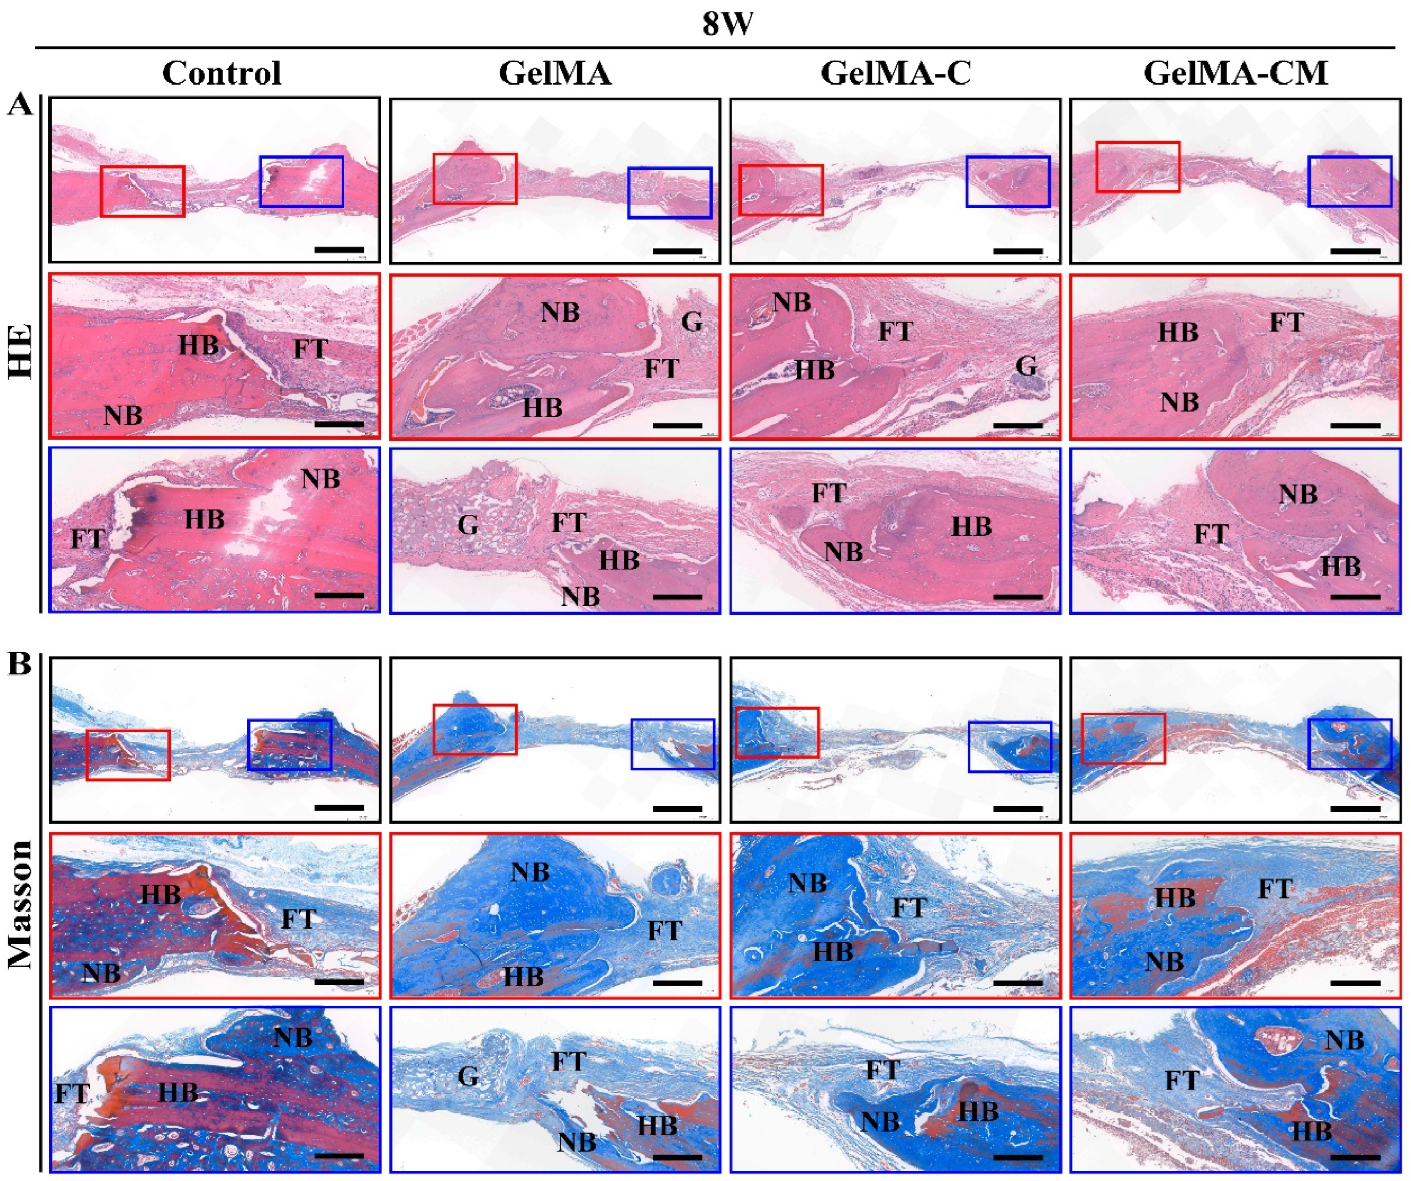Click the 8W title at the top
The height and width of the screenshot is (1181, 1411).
(728, 25)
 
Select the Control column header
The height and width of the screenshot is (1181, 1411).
(221, 73)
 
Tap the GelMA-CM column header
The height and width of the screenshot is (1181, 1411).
(1235, 73)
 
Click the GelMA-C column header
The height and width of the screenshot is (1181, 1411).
(896, 73)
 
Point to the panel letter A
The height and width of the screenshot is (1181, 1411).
(20, 106)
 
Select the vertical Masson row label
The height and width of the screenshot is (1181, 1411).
(22, 904)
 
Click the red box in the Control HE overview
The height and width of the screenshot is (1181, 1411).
(142, 192)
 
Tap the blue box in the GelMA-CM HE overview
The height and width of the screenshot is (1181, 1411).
(1349, 181)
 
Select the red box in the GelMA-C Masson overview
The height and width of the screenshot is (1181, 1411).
(778, 733)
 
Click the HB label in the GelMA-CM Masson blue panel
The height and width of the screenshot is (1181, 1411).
(1311, 1132)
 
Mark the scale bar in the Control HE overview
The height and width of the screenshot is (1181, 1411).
(339, 249)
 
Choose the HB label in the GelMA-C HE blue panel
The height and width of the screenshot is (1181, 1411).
(971, 527)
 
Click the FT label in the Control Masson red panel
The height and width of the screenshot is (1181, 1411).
(298, 919)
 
